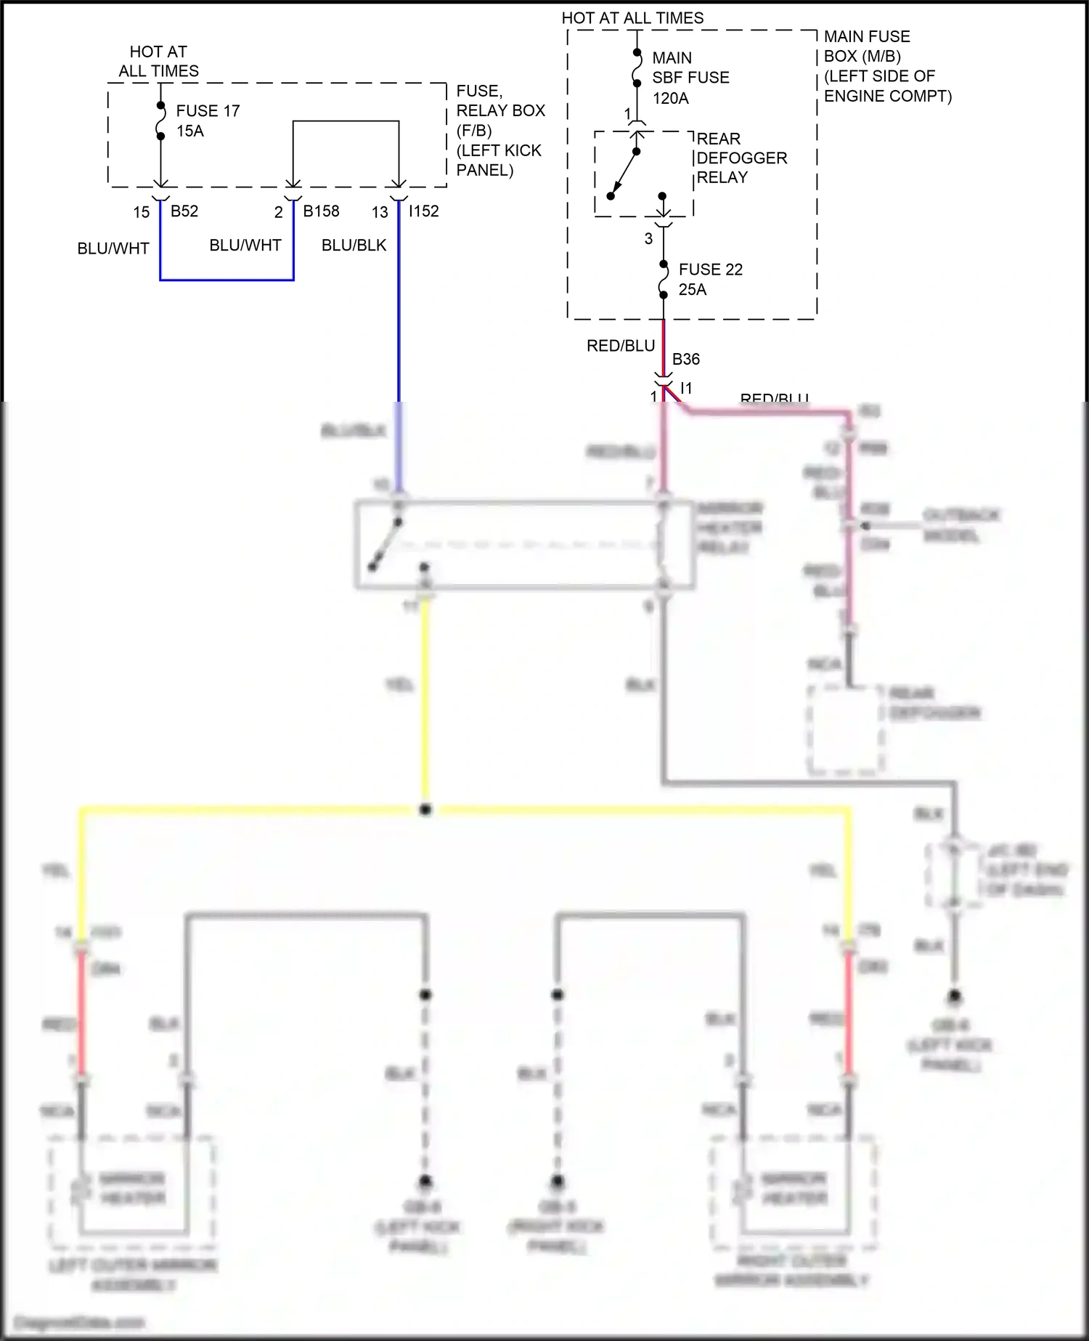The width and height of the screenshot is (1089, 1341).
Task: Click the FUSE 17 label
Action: pyautogui.click(x=208, y=111)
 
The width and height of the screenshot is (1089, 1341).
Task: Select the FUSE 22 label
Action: pyautogui.click(x=710, y=270)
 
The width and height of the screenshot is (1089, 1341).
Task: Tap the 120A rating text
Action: pyautogui.click(x=670, y=98)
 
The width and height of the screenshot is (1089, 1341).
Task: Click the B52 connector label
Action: pyautogui.click(x=184, y=211)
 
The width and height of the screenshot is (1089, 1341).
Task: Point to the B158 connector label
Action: pyautogui.click(x=321, y=211)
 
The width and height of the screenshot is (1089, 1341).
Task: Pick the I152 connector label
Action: pyautogui.click(x=423, y=211)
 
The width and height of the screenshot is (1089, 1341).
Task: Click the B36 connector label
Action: pyautogui.click(x=686, y=359)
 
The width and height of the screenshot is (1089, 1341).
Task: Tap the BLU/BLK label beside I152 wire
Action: pyautogui.click(x=354, y=246)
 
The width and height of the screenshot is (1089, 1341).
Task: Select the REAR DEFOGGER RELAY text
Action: pyautogui.click(x=741, y=158)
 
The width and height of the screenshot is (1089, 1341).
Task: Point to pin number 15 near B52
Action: pyautogui.click(x=141, y=212)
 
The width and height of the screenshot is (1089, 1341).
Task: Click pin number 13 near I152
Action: pyautogui.click(x=380, y=212)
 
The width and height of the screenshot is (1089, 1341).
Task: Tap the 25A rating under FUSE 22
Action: pyautogui.click(x=692, y=290)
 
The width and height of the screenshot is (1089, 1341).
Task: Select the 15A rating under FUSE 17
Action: pyautogui.click(x=189, y=131)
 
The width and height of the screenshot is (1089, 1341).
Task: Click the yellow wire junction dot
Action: pyautogui.click(x=425, y=809)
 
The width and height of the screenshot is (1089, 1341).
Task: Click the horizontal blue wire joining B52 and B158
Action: pyautogui.click(x=227, y=279)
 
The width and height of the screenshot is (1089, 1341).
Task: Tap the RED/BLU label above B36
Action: pyautogui.click(x=621, y=346)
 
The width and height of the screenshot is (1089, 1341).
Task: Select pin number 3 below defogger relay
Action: pyautogui.click(x=648, y=238)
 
